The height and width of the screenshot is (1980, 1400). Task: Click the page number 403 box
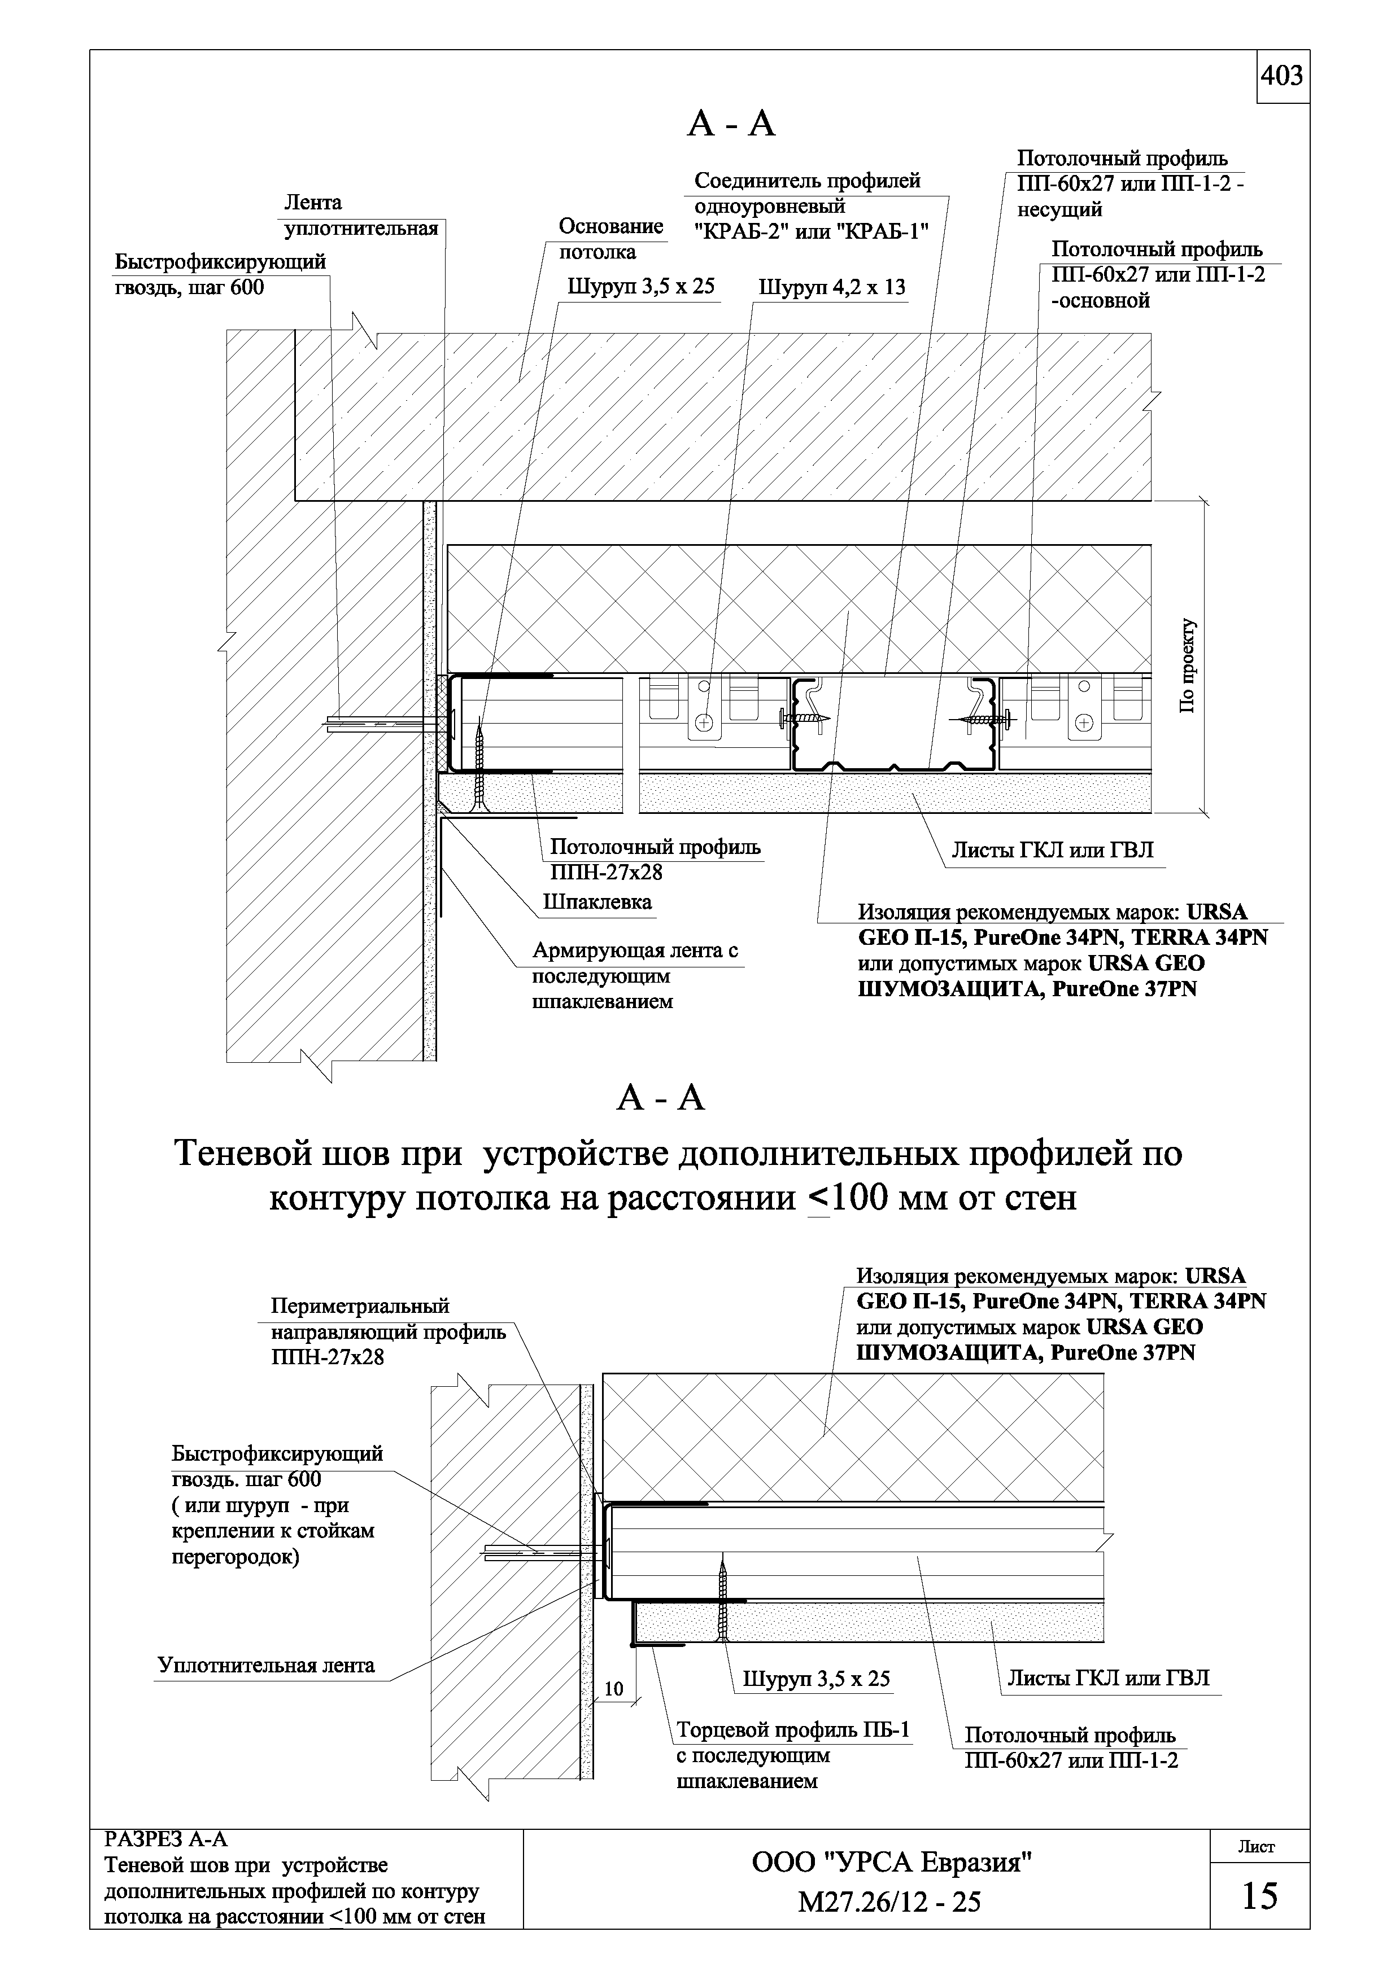click(x=1282, y=77)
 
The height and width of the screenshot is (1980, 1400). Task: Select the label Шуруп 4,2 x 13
click(x=831, y=287)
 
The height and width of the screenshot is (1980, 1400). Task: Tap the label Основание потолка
click(x=610, y=239)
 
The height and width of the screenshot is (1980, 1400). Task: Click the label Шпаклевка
click(x=597, y=903)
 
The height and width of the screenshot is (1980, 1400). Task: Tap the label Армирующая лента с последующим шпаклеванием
click(x=635, y=976)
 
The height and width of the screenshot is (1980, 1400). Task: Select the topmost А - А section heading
click(x=731, y=126)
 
